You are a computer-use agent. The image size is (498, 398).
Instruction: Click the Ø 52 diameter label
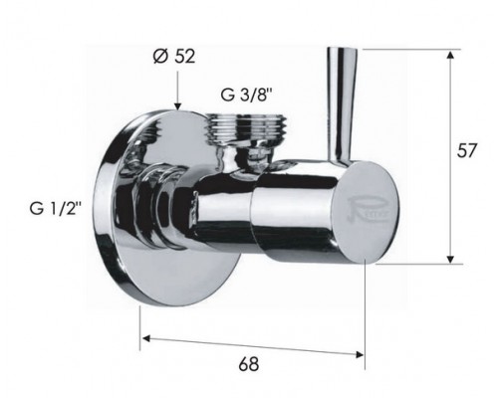click(174, 56)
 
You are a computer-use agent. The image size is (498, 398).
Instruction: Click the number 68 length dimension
click(249, 363)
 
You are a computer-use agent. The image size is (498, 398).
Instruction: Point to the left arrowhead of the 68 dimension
click(147, 338)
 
